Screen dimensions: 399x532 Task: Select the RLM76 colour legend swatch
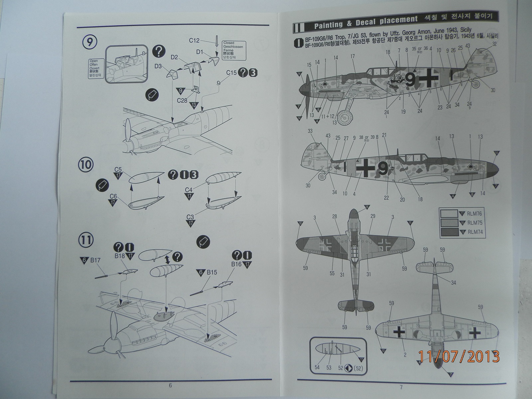pos(448,214)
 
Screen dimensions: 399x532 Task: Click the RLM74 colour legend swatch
pos(448,232)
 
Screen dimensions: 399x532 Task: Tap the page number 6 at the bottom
pos(170,386)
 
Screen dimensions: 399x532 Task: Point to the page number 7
pos(401,387)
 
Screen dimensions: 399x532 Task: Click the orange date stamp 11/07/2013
pos(459,356)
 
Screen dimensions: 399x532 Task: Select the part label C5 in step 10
pos(119,172)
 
